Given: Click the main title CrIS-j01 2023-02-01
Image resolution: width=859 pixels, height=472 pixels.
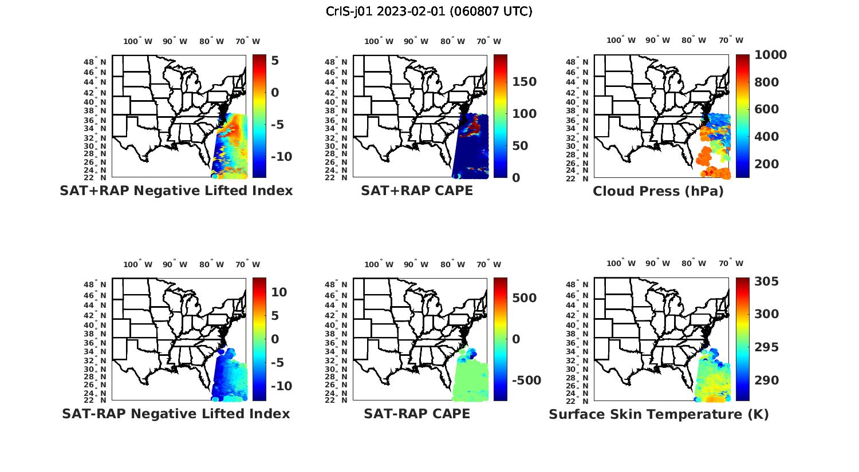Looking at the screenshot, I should tap(429, 11).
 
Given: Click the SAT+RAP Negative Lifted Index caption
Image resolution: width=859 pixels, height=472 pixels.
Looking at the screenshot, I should tap(176, 191).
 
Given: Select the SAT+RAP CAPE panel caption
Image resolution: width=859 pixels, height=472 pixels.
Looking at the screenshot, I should tap(417, 191).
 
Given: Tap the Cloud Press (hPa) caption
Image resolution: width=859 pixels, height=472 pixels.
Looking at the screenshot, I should tap(658, 191).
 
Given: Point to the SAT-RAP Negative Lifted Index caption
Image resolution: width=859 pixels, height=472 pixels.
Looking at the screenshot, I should tap(176, 414).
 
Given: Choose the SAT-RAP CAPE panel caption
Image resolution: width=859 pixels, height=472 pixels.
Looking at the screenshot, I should tap(417, 414).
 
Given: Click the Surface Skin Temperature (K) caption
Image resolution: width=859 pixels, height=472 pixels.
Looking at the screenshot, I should tap(659, 414).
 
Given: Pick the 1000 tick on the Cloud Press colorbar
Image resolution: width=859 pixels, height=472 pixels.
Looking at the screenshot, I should tap(770, 55).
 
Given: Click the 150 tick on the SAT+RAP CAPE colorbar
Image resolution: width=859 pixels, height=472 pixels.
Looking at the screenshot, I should tap(524, 82).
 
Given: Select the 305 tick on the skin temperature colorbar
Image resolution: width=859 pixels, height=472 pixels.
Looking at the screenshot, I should tap(766, 281).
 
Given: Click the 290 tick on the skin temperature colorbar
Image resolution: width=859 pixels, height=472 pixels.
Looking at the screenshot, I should tap(766, 380).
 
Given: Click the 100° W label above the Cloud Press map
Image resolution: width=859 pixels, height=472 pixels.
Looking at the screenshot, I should tap(621, 41).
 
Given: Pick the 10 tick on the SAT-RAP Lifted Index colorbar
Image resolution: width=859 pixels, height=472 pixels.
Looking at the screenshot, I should tap(279, 292).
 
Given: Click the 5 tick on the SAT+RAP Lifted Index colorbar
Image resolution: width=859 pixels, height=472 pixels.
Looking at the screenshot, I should tap(275, 61).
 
